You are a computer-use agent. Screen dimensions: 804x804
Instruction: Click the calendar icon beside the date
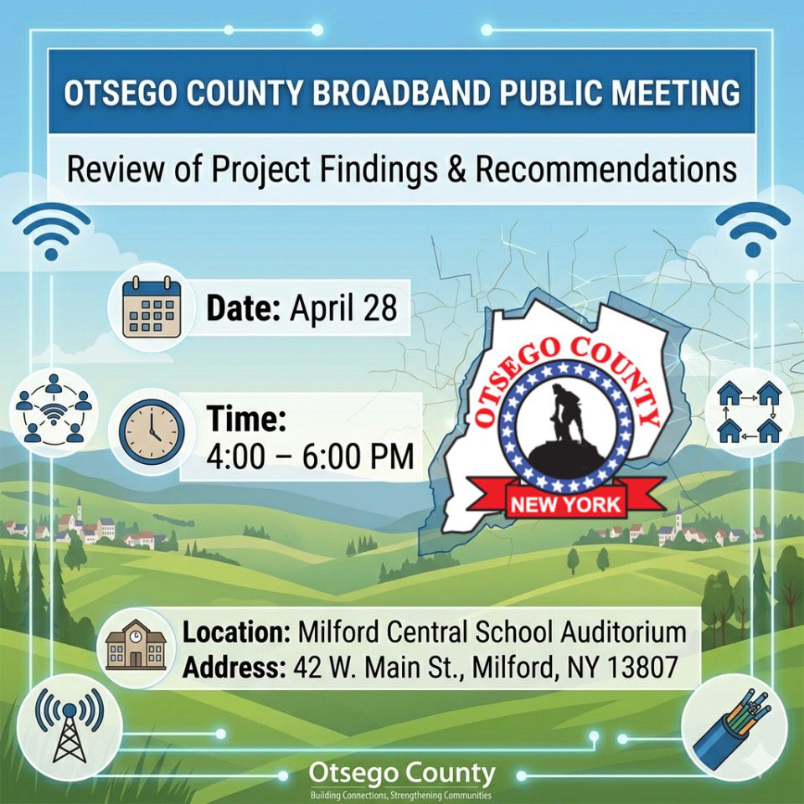(x=152, y=307)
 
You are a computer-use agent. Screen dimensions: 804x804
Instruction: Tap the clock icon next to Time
(x=152, y=432)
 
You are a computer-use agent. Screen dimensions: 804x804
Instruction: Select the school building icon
(x=136, y=644)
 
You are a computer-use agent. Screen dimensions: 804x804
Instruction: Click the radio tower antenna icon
(x=70, y=725)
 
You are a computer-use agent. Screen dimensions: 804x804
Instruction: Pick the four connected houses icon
(x=749, y=412)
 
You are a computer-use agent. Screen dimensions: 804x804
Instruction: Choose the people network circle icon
(x=54, y=409)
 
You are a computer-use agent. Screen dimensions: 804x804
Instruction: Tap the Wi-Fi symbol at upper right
(x=752, y=229)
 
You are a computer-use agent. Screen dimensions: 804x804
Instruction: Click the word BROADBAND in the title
(x=401, y=93)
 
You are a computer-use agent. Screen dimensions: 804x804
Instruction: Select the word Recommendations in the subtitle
(x=606, y=169)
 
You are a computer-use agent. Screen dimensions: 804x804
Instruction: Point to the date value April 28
(x=343, y=307)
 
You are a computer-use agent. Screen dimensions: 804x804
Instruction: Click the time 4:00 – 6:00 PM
(x=310, y=456)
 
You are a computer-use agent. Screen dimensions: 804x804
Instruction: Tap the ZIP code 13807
(x=642, y=667)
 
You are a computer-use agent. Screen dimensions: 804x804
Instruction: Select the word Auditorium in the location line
(x=623, y=631)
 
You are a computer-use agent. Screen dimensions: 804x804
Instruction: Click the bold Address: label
(x=234, y=667)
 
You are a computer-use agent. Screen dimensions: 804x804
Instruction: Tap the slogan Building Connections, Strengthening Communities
(x=401, y=796)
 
